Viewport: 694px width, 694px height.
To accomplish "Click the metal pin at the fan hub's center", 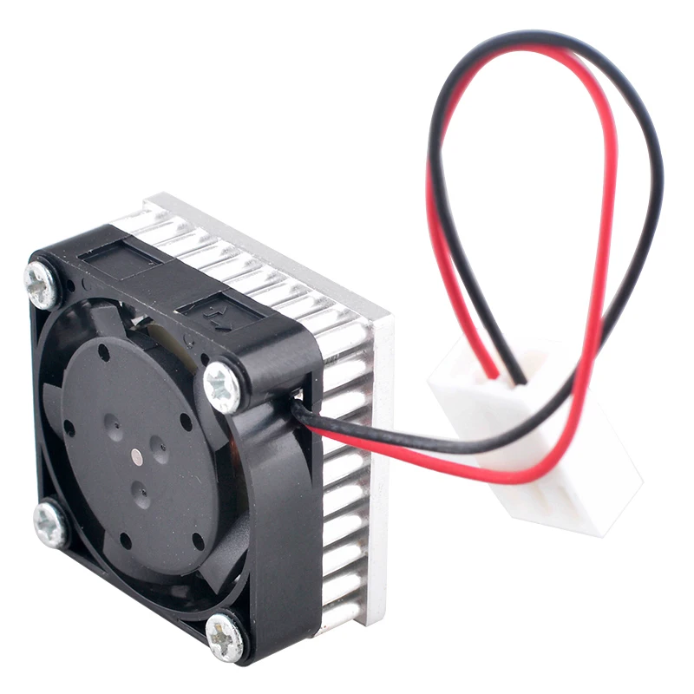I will click(138, 453).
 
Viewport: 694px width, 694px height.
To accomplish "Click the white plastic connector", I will click(538, 434).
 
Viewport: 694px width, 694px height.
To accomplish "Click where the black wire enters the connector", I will click(519, 379).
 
